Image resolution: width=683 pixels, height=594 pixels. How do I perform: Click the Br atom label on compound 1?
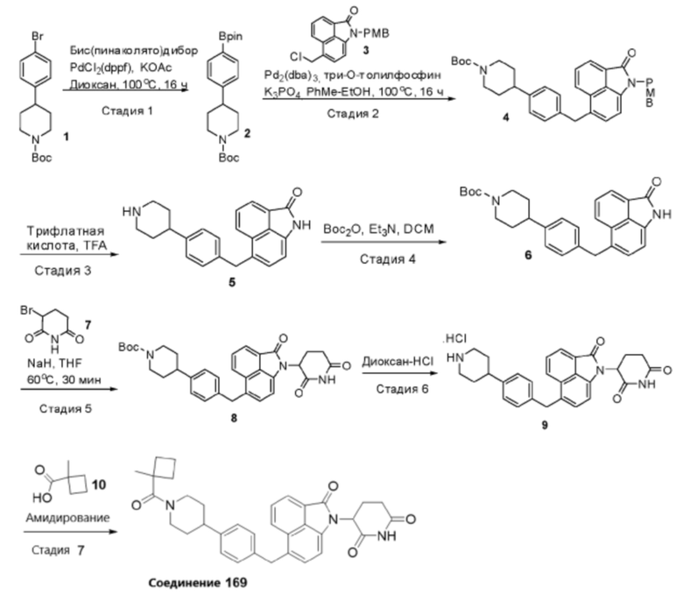click(37, 36)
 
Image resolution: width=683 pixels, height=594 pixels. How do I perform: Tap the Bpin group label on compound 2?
click(230, 36)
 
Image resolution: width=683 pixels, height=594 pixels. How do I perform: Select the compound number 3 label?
click(365, 50)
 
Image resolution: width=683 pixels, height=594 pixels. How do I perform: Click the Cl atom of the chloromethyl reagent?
click(296, 57)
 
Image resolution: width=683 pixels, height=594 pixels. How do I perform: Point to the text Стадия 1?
click(127, 111)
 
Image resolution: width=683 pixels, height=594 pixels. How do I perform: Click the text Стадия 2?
click(353, 114)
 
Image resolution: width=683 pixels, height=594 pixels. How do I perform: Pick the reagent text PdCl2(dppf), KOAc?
click(121, 68)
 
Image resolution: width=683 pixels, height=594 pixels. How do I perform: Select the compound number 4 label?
click(505, 117)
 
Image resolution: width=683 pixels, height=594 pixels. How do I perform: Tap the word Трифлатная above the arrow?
click(66, 230)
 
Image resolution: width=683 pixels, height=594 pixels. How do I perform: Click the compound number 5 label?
click(232, 282)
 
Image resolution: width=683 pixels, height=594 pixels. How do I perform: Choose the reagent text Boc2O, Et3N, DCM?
click(378, 230)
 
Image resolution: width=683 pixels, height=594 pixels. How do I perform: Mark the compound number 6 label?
click(528, 255)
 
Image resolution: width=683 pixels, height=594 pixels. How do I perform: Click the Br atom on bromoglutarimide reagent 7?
click(26, 311)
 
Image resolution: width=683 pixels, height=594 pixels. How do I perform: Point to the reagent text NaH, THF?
click(54, 363)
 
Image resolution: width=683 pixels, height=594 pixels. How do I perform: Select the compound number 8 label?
click(234, 419)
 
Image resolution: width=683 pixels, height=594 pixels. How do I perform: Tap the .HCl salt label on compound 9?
click(454, 339)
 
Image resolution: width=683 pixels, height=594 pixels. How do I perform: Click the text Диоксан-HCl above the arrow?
click(398, 361)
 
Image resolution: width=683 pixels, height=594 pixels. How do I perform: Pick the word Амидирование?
click(67, 518)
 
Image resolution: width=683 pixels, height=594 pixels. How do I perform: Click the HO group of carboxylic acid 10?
click(42, 498)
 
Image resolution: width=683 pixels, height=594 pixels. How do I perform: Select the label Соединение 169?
click(198, 583)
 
